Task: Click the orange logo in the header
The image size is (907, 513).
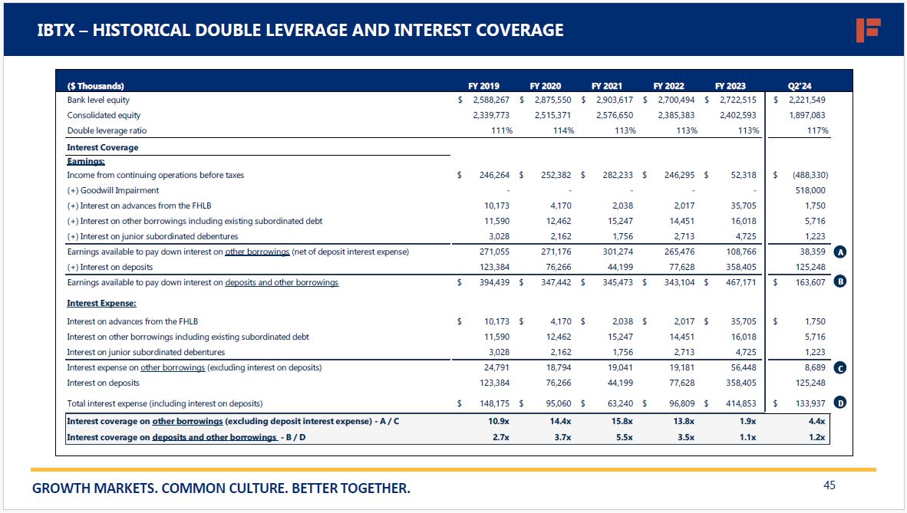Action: tap(868, 30)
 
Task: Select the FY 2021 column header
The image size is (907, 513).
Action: tap(606, 86)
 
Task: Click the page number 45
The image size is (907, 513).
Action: tap(829, 485)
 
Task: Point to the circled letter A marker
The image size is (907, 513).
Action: tap(840, 252)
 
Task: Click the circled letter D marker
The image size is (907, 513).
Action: tap(840, 403)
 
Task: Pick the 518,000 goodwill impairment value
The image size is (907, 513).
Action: tap(810, 190)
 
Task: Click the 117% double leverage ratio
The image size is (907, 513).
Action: tap(817, 131)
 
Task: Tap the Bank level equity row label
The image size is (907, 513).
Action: tap(98, 100)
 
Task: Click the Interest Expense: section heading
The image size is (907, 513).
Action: tap(101, 304)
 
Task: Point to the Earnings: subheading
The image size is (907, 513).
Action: tap(86, 162)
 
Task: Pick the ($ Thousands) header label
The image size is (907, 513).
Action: tap(96, 86)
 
